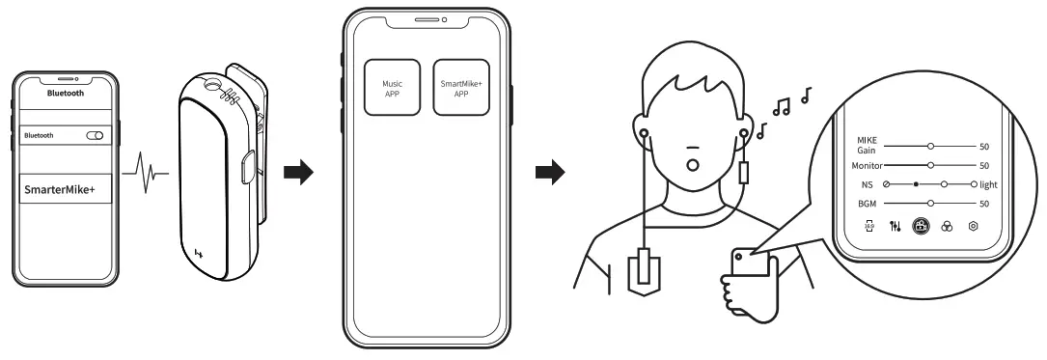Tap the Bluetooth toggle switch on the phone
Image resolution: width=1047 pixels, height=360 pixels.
[x=95, y=136]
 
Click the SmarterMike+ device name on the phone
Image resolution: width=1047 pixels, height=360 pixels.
[x=59, y=190]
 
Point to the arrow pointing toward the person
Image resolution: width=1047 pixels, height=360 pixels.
[x=550, y=175]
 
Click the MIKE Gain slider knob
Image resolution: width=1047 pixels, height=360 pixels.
[x=930, y=147]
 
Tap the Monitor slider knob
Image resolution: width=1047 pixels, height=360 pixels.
[x=930, y=166]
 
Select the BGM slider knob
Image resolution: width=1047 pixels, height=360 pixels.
[x=930, y=204]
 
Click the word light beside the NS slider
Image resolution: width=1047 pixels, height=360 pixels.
[x=991, y=184]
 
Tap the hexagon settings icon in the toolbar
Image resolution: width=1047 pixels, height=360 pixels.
[x=973, y=226]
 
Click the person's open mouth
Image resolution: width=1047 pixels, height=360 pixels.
[x=692, y=163]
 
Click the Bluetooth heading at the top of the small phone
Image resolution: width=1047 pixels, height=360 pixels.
[x=66, y=94]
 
